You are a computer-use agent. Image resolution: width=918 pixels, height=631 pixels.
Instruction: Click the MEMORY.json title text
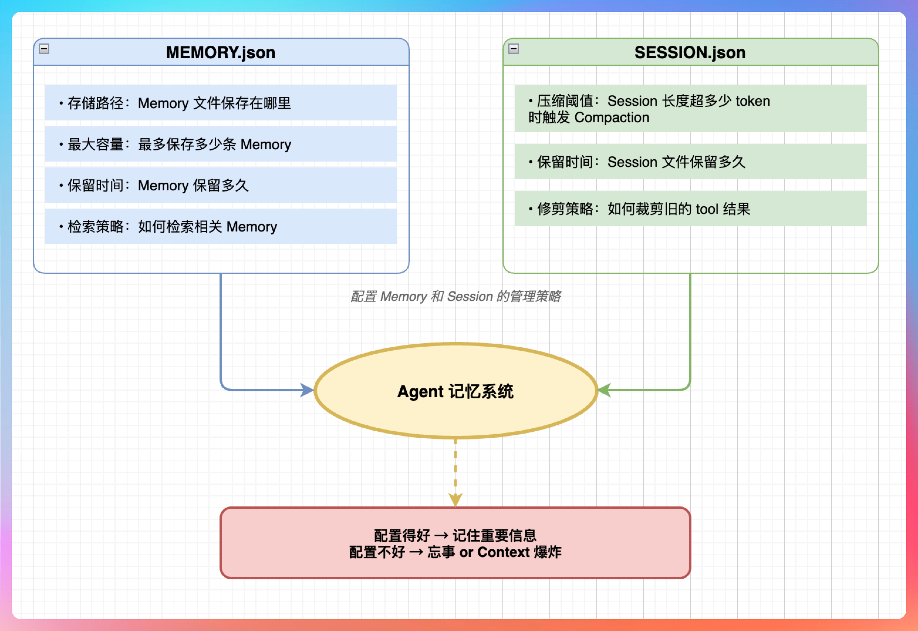coord(220,53)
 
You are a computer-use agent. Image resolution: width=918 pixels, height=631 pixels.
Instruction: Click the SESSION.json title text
coord(690,53)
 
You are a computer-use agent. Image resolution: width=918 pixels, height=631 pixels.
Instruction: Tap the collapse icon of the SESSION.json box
coord(514,49)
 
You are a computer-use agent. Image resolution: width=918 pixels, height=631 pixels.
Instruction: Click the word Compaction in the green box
coord(612,118)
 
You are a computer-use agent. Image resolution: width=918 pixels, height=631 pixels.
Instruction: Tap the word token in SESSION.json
coord(752,101)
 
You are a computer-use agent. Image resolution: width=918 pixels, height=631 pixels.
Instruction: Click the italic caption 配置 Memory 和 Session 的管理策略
coord(455,296)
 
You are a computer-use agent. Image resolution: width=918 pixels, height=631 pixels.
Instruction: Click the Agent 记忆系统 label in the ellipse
coord(455,391)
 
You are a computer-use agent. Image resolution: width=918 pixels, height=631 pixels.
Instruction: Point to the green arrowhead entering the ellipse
coord(604,390)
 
